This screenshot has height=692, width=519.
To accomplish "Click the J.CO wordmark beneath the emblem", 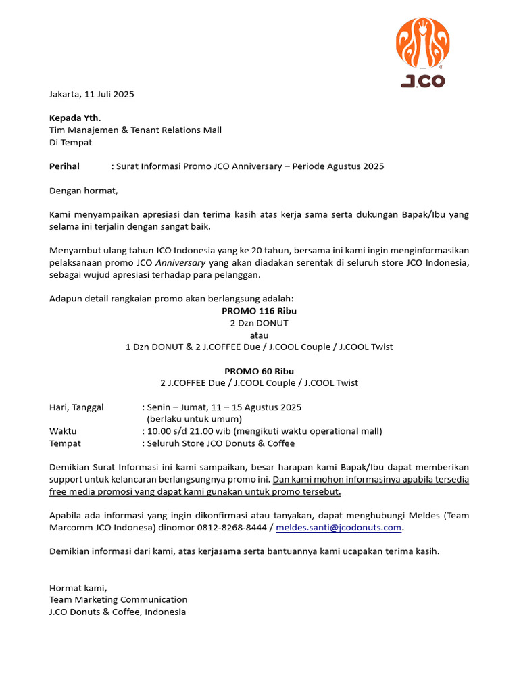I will coord(423,81).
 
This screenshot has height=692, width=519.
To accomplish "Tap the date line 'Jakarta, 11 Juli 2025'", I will coord(92,94).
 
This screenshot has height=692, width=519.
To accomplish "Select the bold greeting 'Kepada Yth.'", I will coord(75,118).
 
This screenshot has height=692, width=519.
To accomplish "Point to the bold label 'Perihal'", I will coord(64,166).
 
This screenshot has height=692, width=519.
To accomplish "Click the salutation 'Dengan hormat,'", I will coord(83,191).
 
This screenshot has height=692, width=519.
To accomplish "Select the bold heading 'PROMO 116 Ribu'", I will coord(259,311).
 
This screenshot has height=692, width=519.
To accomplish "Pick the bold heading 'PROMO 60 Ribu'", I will coord(259,371).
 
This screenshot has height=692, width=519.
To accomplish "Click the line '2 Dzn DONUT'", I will coord(259,323).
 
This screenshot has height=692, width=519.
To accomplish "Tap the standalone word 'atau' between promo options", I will coord(259,335).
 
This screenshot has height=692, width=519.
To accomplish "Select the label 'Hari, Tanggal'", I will coord(76,407).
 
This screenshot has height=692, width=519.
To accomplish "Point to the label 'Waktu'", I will coord(63,431).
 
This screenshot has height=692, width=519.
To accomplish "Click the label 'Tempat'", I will coord(65,443).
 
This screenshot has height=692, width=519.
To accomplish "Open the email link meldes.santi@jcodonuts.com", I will coord(340,527).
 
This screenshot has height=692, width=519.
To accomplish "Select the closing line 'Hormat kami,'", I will coord(78,587).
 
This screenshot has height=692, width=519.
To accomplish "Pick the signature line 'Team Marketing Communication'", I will coord(118,599).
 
